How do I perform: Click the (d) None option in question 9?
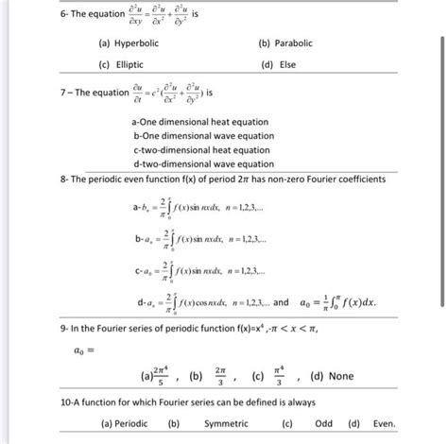pyautogui.click(x=331, y=376)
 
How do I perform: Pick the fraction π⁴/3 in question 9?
pyautogui.click(x=280, y=376)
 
